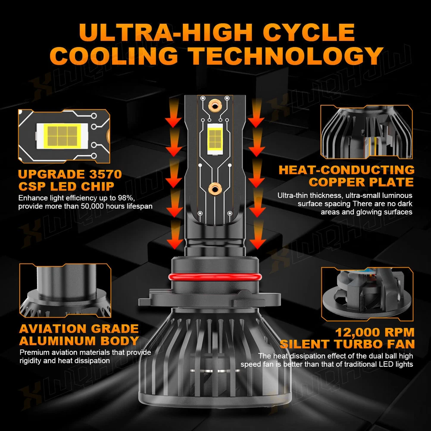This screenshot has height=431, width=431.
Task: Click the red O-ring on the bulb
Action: (215, 277)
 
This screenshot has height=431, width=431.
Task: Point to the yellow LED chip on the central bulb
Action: (215, 139)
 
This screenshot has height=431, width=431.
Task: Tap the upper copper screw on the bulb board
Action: (215, 105)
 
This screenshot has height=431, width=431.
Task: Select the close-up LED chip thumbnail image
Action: (64, 136)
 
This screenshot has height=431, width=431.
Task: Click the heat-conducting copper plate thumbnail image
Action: (367, 132)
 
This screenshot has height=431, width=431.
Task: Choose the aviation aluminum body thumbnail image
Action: (65, 290)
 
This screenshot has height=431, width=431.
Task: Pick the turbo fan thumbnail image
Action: (367, 294)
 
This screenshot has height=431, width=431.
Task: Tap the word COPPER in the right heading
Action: (337, 182)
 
